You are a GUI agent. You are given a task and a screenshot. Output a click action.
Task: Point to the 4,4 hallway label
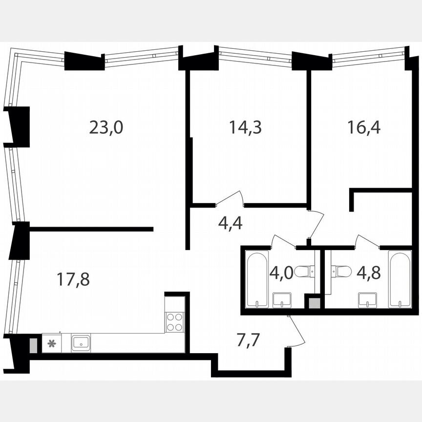click(230, 225)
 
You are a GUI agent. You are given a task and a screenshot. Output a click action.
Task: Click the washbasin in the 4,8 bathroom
click(367, 299)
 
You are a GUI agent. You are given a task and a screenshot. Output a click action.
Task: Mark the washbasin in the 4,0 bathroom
click(281, 299)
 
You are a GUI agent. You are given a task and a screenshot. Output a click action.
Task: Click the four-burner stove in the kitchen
click(174, 322)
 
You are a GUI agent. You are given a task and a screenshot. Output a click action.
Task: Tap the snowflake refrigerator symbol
click(51, 343)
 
